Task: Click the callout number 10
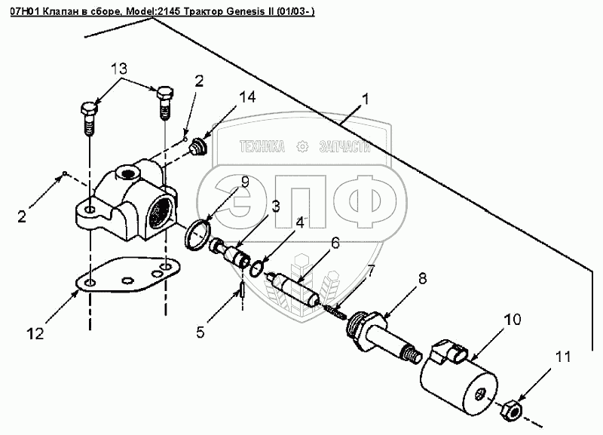(x=513, y=320)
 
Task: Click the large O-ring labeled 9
(x=197, y=234)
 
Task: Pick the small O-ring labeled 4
(x=257, y=268)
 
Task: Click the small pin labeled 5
(x=241, y=289)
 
